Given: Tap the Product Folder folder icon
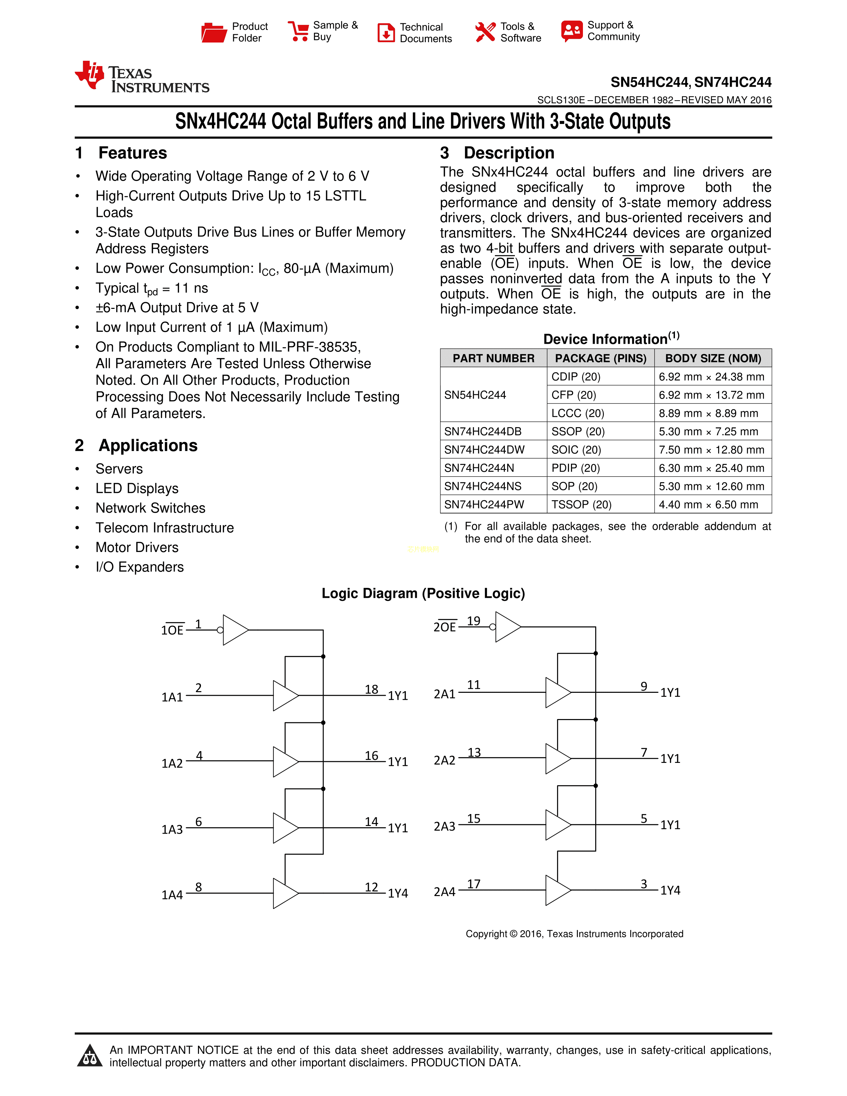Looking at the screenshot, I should (x=214, y=32).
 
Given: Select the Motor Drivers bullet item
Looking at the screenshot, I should (x=137, y=547).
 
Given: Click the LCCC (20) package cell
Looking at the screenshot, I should (x=578, y=413).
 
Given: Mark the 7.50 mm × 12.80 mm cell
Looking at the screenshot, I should (x=711, y=450).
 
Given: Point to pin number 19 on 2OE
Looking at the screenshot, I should (x=474, y=621).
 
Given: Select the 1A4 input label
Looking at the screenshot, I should (x=172, y=895).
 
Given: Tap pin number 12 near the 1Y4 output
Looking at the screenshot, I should (x=371, y=887).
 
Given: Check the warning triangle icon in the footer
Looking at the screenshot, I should (x=90, y=1055).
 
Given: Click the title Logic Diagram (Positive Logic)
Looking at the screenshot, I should (x=423, y=593).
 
